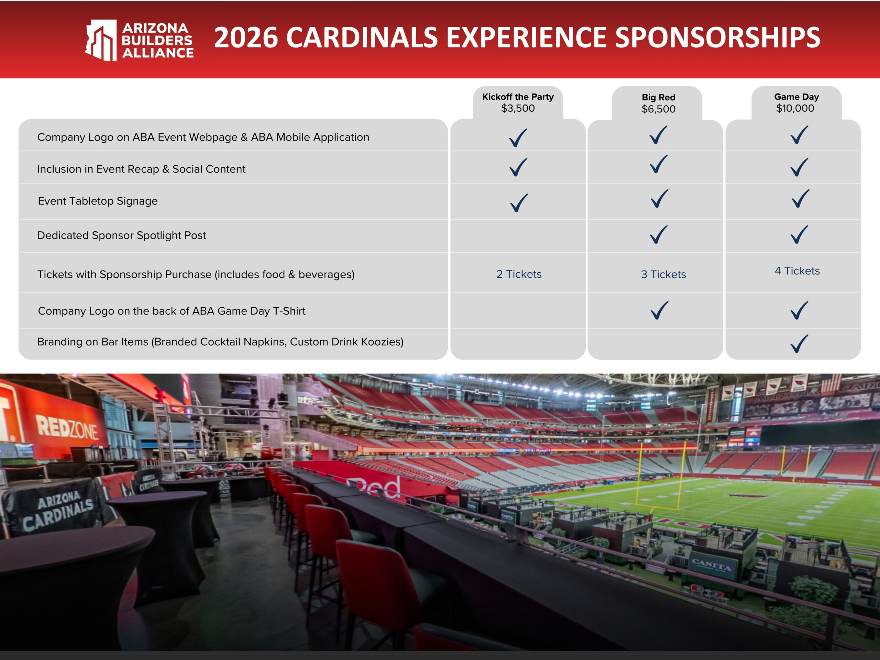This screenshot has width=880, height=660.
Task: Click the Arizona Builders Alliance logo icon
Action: [101, 40]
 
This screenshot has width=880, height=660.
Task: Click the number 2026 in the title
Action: [246, 38]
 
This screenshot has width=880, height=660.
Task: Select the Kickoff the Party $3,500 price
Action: [518, 108]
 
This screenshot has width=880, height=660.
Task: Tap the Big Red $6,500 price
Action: [658, 109]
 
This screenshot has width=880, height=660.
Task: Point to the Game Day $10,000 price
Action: [795, 108]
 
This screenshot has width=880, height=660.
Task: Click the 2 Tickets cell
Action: [519, 274]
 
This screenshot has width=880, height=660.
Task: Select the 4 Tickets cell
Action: [797, 271]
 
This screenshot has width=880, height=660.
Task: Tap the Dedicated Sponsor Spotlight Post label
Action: [122, 235]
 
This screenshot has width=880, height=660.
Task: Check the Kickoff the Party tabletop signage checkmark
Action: [519, 202]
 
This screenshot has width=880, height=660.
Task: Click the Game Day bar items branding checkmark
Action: [799, 344]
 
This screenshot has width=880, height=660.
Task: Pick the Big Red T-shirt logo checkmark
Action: [659, 310]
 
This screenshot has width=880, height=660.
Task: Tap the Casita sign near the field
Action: [711, 564]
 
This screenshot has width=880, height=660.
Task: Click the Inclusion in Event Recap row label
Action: [141, 169]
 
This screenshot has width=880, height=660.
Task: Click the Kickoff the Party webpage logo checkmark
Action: [518, 137]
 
